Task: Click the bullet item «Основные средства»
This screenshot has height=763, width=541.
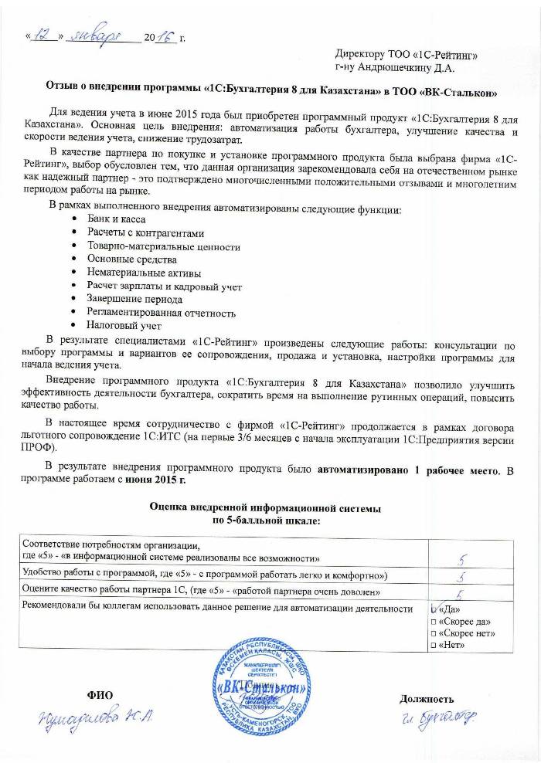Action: (x=131, y=259)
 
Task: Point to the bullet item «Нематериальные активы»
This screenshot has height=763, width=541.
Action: (x=144, y=273)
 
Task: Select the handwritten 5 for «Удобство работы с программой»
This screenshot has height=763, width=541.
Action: (x=461, y=577)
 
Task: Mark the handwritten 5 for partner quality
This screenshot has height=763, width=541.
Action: (x=461, y=593)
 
